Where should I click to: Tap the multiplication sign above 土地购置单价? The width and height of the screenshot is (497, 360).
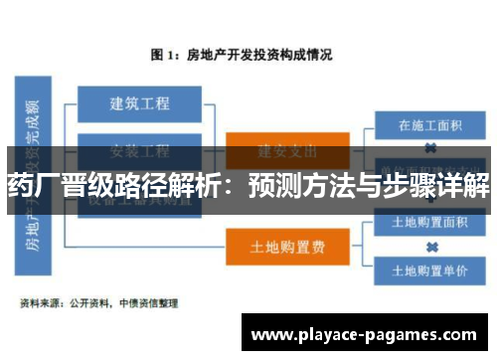tap(430, 246)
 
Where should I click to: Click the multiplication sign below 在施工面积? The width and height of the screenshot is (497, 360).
tap(430, 149)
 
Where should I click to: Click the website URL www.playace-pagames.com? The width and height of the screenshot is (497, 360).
tap(366, 335)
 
